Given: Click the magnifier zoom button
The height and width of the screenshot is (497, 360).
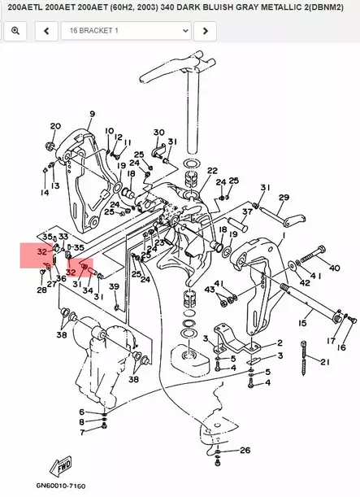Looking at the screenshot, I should click(x=15, y=31).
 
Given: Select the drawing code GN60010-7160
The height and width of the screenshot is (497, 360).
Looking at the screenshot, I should click(x=60, y=486).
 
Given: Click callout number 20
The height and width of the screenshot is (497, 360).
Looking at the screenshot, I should click(x=55, y=126).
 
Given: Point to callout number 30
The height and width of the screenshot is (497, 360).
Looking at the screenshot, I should click(x=158, y=133).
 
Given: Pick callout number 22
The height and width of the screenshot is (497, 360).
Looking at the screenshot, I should click(x=212, y=171).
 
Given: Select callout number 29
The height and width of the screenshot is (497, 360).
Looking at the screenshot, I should click(x=284, y=198).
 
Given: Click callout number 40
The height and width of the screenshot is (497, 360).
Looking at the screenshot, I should click(x=334, y=268).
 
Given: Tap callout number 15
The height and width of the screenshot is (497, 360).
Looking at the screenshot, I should click(x=302, y=324).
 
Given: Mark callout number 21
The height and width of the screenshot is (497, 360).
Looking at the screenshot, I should click(x=325, y=362).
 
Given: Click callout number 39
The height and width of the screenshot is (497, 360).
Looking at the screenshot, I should click(x=114, y=286).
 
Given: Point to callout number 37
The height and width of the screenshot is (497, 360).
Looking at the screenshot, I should click(x=247, y=211).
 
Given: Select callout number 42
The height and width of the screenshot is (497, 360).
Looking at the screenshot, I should click(x=304, y=282).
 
